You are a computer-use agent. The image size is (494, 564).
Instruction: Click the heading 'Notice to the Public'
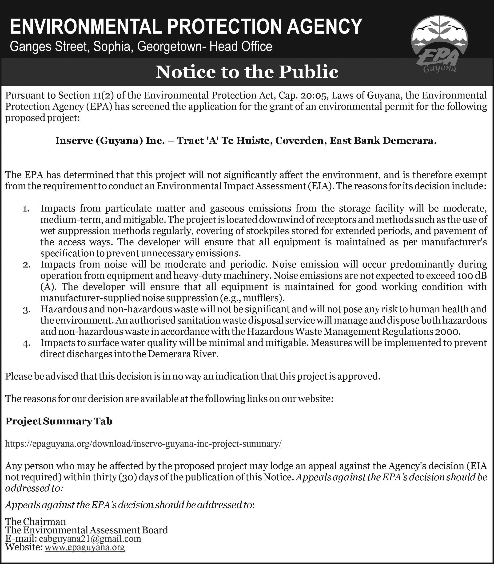tap(247, 72)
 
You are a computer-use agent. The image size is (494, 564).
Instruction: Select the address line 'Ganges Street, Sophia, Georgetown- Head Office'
tap(141, 47)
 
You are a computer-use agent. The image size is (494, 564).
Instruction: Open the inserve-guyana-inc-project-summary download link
tap(143, 444)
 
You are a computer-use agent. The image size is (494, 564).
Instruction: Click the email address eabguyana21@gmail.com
tap(90, 538)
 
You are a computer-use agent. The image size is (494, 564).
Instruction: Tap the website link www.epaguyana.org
tap(85, 547)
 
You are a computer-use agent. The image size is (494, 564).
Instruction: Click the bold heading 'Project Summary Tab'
tap(59, 421)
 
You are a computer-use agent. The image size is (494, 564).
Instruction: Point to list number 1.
tap(26, 209)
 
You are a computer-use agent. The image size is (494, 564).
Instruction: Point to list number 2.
tap(26, 265)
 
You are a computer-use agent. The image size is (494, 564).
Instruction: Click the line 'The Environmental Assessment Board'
tap(87, 530)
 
